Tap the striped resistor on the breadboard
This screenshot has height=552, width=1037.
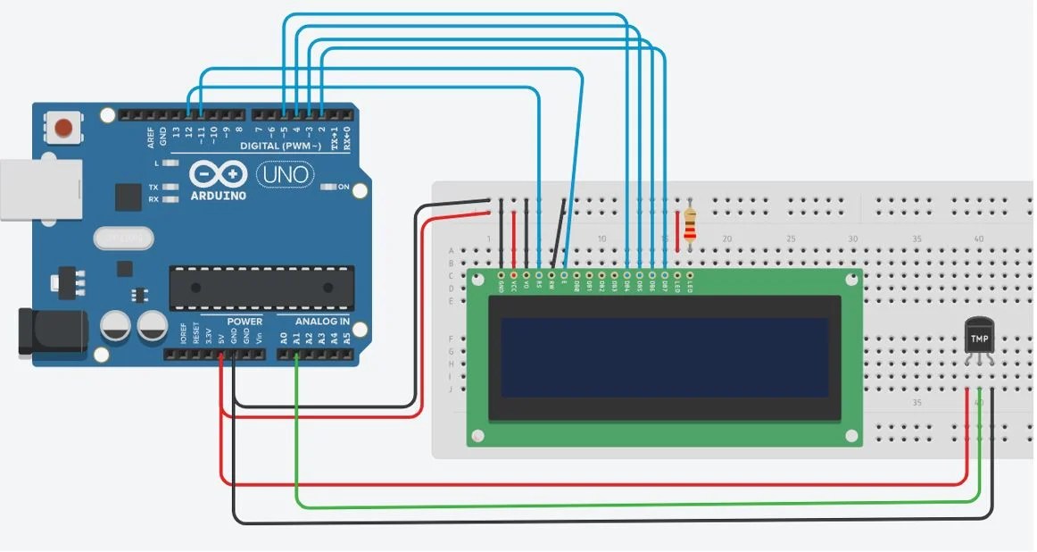click(x=690, y=227)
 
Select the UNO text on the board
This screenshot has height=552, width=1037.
click(x=285, y=174)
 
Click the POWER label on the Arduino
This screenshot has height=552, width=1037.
click(x=245, y=322)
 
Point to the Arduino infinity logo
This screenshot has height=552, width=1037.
click(x=218, y=173)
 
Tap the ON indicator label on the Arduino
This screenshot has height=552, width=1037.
click(x=344, y=187)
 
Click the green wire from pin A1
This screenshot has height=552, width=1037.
click(x=297, y=429)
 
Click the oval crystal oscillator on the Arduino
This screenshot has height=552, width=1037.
click(x=121, y=238)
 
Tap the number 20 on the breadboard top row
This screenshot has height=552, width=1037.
click(x=726, y=239)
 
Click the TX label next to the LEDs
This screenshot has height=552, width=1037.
click(x=153, y=188)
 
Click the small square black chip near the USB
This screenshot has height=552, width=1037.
click(x=128, y=197)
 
